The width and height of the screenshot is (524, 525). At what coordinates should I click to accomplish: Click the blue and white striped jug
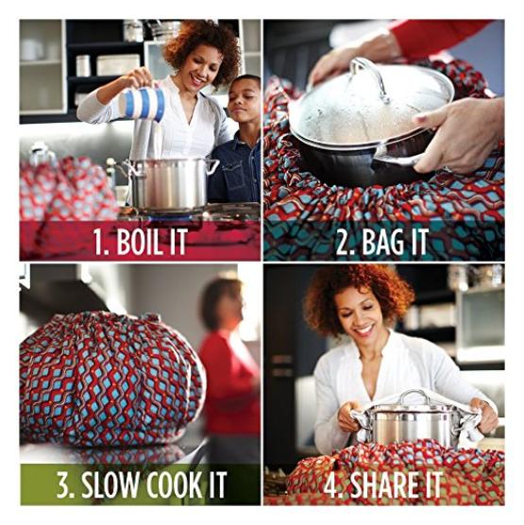pos(144,104)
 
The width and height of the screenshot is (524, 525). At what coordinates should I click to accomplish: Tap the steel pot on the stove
pos(167,185)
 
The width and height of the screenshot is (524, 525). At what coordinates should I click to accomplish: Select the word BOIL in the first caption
pos(138,241)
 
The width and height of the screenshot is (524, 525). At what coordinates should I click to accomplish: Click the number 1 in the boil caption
pos(100,241)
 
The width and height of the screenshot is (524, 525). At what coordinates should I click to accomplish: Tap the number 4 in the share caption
pos(331,484)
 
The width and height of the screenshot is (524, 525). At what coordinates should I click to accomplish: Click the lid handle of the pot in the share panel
pos(414,396)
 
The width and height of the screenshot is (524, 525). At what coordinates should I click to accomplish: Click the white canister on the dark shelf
pos(83,66)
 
